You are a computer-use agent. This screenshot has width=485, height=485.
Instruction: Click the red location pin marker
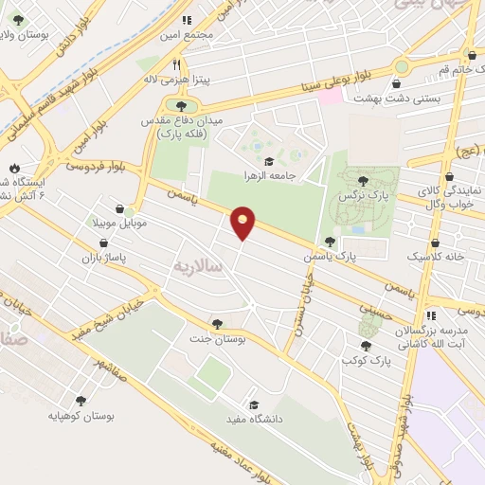click(243, 223)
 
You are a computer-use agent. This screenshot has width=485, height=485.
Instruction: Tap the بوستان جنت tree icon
click(219, 323)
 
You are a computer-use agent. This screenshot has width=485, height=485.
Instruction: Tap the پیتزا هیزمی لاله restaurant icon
click(176, 64)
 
